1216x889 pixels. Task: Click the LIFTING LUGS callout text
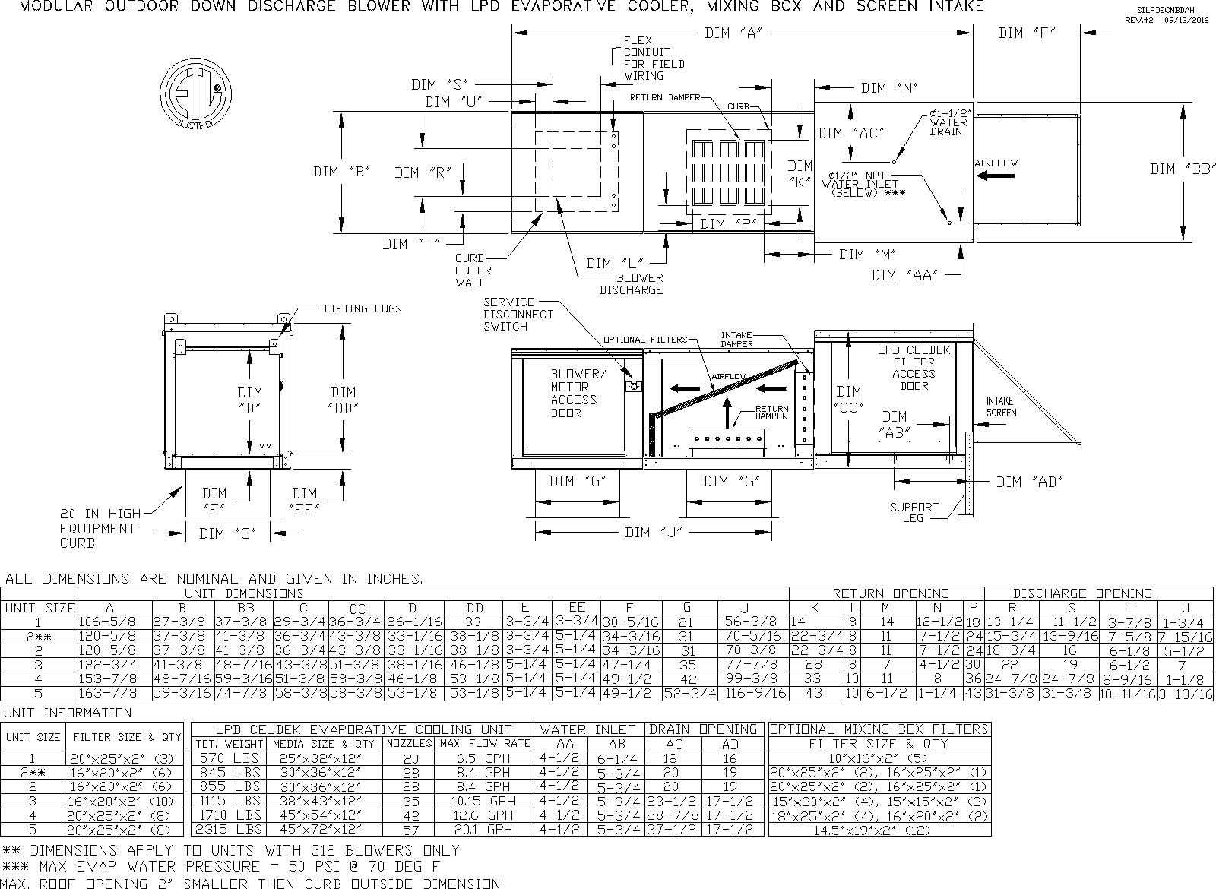[x=363, y=308]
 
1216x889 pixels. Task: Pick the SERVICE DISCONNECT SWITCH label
[x=518, y=314]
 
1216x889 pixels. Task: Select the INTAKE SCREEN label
[x=1001, y=407]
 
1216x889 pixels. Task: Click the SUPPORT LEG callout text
[x=914, y=512]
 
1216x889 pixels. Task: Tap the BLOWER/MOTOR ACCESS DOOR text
[x=575, y=394]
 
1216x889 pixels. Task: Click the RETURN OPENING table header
[x=890, y=593]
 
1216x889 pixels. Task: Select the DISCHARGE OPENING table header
[x=1081, y=593]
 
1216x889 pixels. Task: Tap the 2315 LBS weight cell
[x=228, y=830]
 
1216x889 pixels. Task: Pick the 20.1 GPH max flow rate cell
[x=483, y=830]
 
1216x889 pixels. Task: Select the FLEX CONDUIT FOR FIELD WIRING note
[x=653, y=58]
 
